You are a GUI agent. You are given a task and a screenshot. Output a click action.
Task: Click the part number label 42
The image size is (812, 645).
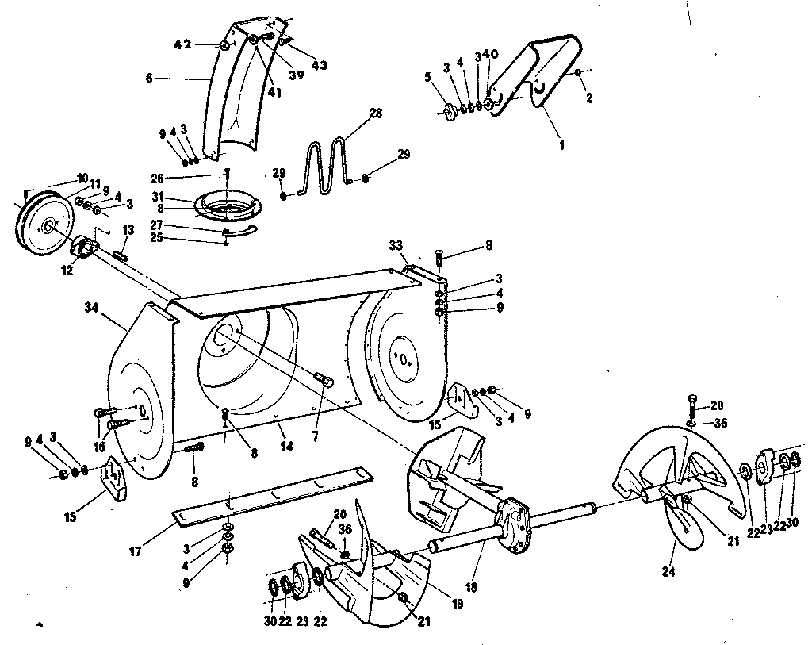point(183,45)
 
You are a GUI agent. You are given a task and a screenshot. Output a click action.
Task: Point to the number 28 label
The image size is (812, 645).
point(376,114)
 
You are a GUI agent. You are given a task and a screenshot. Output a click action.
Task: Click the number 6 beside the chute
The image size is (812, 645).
point(148,79)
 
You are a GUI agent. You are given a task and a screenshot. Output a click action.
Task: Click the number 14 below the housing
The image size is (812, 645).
point(286,447)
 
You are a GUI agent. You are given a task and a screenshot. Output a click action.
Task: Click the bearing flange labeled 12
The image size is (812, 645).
point(84,251)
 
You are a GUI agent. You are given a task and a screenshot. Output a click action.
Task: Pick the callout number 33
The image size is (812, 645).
point(396,246)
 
